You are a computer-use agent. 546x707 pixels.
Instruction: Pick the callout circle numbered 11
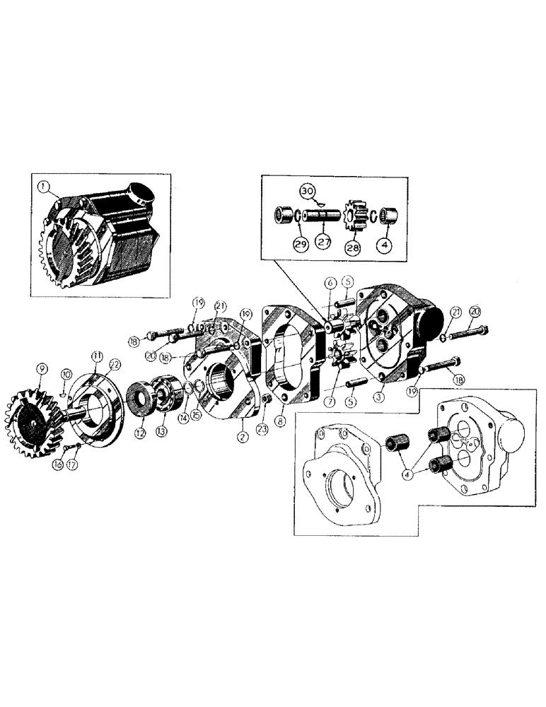tap(97, 356)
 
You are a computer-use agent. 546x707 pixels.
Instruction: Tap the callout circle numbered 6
tap(329, 283)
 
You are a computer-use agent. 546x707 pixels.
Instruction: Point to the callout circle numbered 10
tap(64, 373)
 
